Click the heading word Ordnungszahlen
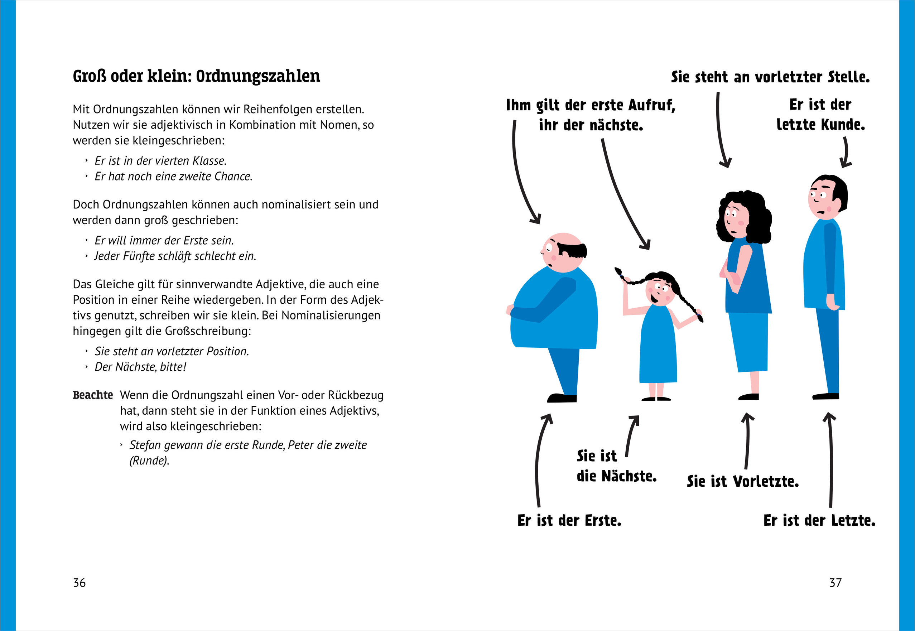coord(258,76)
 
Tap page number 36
coord(79,582)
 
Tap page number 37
coord(835,582)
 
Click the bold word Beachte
coord(93,395)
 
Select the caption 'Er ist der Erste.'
coord(569,520)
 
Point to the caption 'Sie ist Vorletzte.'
coord(743,481)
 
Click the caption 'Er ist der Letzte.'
coord(819,520)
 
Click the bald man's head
coord(563,251)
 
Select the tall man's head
coord(827,197)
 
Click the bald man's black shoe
coord(562,398)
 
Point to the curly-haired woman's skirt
coord(748,342)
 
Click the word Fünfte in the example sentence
coord(138,256)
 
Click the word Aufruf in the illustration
coord(652,105)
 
